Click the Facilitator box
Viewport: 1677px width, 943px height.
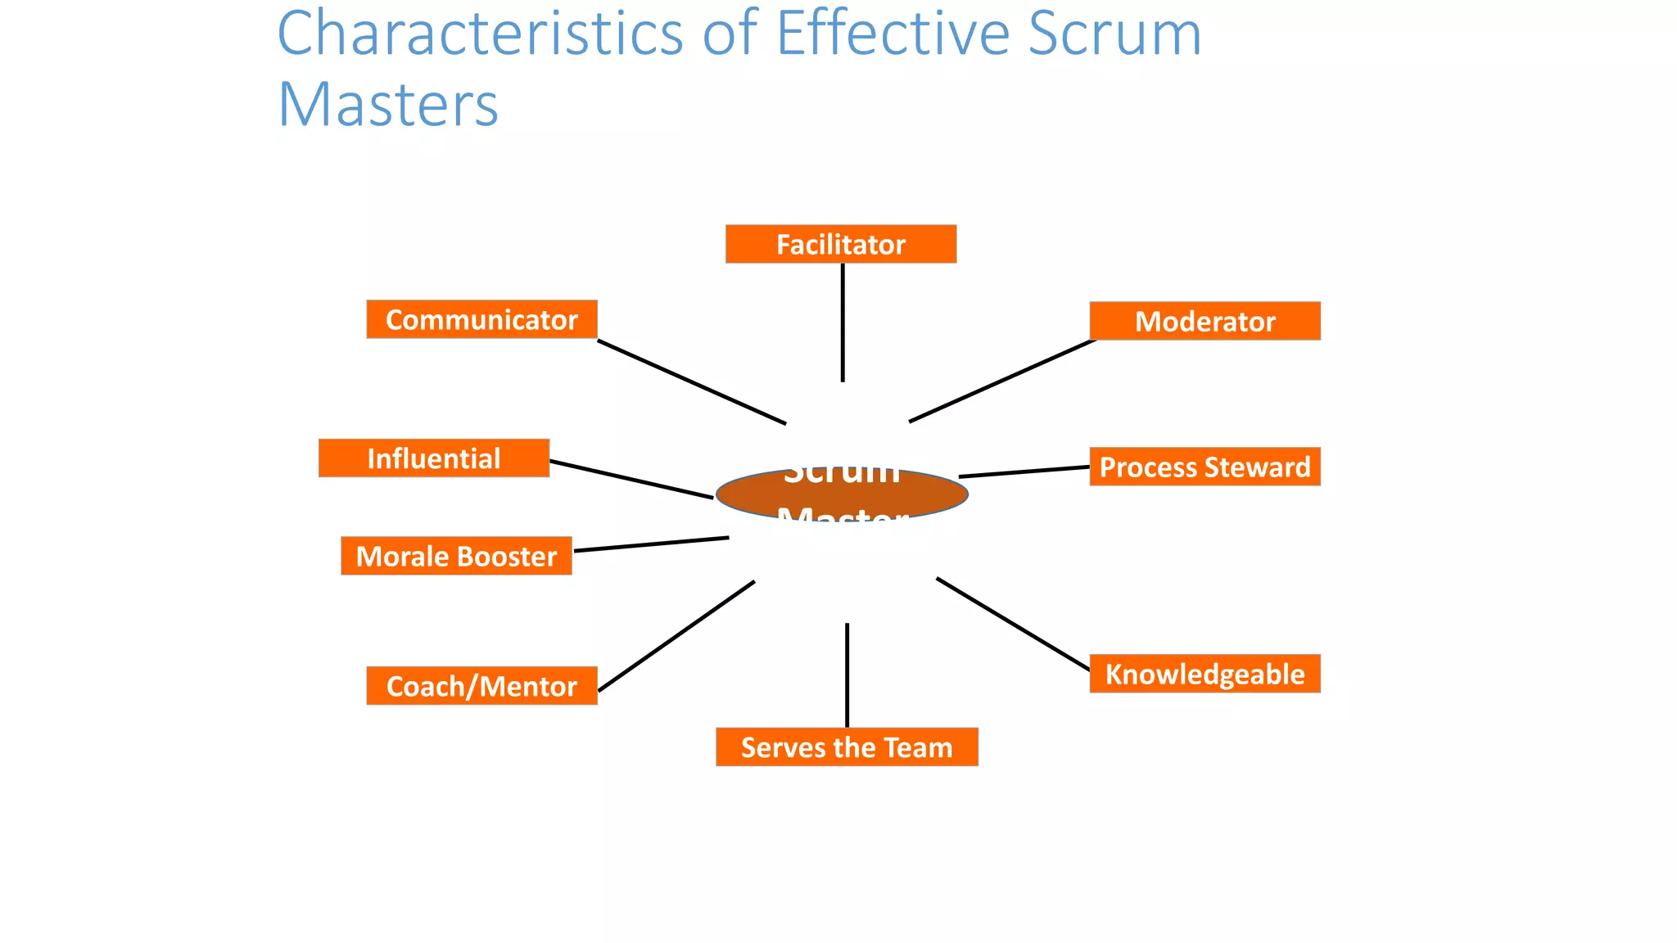(x=840, y=244)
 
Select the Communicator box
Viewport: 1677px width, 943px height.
(x=481, y=319)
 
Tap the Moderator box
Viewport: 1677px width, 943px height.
(x=1205, y=321)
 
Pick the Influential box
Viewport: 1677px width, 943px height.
(x=433, y=458)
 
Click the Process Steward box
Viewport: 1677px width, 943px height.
(x=1205, y=467)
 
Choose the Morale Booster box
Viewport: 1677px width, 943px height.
(x=456, y=556)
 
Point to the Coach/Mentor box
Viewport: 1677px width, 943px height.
(x=481, y=686)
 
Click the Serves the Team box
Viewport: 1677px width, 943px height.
(x=847, y=747)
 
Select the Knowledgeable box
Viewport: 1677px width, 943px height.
(x=1205, y=674)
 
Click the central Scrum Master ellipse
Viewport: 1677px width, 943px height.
(x=842, y=494)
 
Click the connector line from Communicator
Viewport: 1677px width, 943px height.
(x=691, y=381)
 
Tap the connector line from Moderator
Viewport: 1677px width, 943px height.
(x=1002, y=381)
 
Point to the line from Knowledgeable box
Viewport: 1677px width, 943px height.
(x=1013, y=624)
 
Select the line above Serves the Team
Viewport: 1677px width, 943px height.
(x=847, y=675)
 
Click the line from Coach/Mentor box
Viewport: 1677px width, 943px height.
(x=676, y=636)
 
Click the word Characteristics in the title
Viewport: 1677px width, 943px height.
(x=480, y=34)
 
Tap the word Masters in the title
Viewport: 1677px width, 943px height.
(x=388, y=106)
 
